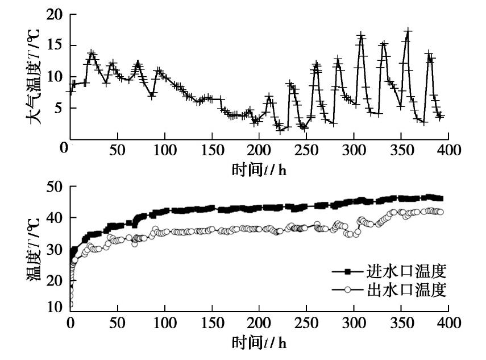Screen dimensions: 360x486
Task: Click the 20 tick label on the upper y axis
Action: click(53, 15)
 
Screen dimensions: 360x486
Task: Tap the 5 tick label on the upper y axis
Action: click(58, 108)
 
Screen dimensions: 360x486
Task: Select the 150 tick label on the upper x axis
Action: click(211, 151)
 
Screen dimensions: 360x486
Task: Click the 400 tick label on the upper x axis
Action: click(448, 151)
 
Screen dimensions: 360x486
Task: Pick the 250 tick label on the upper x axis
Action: click(306, 151)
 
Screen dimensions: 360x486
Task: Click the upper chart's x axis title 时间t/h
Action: click(259, 169)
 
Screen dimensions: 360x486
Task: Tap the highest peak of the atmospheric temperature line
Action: click(408, 30)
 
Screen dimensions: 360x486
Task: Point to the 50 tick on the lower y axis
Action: click(53, 187)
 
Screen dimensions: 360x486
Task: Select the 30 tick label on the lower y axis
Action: click(53, 249)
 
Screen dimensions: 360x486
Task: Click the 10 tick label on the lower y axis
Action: click(53, 308)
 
